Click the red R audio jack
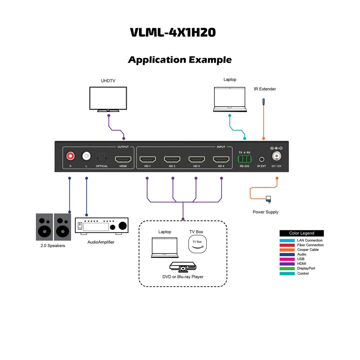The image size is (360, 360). (x=70, y=156)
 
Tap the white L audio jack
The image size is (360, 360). (x=86, y=156)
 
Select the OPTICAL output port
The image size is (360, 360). (x=102, y=157)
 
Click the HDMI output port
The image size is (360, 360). (x=123, y=159)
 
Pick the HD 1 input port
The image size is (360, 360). (x=147, y=159)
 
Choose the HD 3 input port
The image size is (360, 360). (x=196, y=159)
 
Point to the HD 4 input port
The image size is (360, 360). (x=221, y=159)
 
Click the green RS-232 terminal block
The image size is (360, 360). (x=244, y=159)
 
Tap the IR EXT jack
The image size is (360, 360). (x=261, y=159)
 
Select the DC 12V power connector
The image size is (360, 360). (x=276, y=156)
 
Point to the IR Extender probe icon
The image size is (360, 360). (x=264, y=102)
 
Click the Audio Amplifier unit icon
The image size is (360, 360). (x=102, y=226)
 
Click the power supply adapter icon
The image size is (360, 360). (x=268, y=198)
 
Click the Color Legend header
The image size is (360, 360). (x=302, y=233)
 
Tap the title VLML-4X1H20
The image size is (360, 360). (x=173, y=32)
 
